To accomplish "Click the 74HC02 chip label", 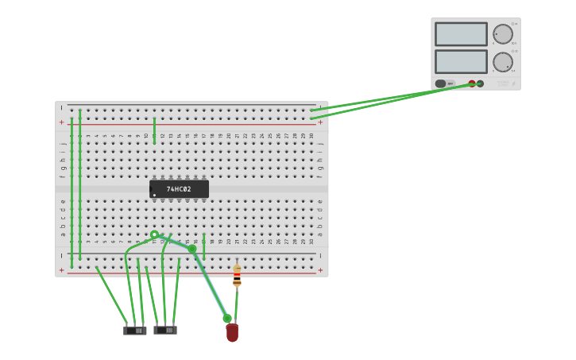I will coord(179,189).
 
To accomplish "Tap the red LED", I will coord(232,333).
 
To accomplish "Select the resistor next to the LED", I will coord(237,276).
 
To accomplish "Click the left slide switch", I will coord(135,330).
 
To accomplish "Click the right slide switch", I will coord(165,329).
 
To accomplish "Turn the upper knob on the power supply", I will coord(502,34).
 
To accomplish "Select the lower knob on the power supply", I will coord(502,62).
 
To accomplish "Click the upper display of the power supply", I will coord(461,34).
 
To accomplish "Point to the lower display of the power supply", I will coord(461,62).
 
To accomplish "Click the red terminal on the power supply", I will coord(472,83).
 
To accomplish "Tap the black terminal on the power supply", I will coord(480,83).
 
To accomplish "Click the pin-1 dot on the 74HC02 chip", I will coord(154,195).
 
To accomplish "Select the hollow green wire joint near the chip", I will coord(154,234).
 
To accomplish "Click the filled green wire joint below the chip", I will coord(192,249).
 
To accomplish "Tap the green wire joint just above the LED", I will coord(227,319).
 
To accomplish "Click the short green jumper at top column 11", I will coord(154,130).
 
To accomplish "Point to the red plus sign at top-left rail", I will coord(61,122).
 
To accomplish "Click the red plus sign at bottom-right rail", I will coord(320,270).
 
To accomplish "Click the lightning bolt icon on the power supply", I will coord(513,83).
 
